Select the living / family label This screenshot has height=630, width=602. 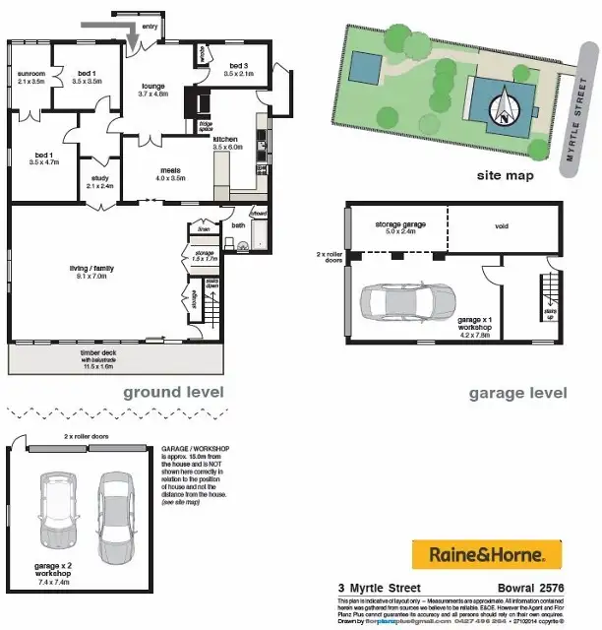(76, 268)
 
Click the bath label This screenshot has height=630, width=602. (238, 225)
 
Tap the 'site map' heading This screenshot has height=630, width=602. (505, 176)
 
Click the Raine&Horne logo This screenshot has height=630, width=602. (485, 554)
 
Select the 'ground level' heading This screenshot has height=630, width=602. (173, 392)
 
